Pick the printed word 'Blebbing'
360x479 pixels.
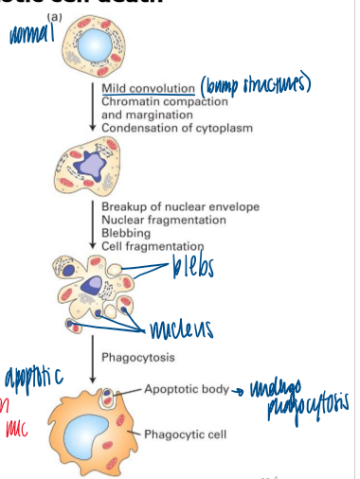point(129,233)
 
